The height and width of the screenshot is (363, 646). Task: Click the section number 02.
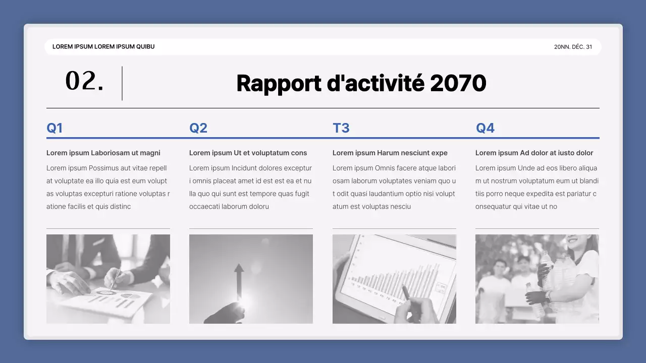pyautogui.click(x=84, y=82)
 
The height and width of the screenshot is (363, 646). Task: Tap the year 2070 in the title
pyautogui.click(x=458, y=83)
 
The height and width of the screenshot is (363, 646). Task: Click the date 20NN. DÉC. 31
pyautogui.click(x=573, y=47)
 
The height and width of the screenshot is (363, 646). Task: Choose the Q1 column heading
pyautogui.click(x=55, y=128)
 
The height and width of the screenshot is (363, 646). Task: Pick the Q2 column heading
pyautogui.click(x=198, y=128)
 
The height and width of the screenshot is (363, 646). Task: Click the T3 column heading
pyautogui.click(x=341, y=128)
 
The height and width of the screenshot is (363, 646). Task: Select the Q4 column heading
pyautogui.click(x=485, y=128)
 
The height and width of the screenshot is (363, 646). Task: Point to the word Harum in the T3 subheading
pyautogui.click(x=388, y=153)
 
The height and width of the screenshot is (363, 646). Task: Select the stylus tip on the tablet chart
pyautogui.click(x=403, y=288)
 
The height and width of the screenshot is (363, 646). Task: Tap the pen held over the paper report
pyautogui.click(x=116, y=279)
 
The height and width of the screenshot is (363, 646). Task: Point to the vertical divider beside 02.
pyautogui.click(x=122, y=83)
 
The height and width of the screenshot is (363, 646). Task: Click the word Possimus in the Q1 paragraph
pyautogui.click(x=105, y=168)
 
